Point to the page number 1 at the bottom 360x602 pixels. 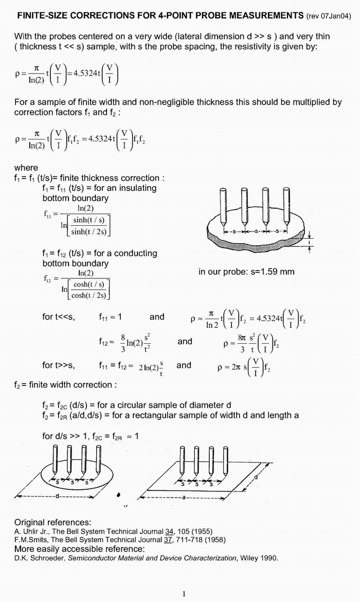(x=184, y=594)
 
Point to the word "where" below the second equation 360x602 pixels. (x=26, y=168)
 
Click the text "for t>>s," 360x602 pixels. (x=59, y=365)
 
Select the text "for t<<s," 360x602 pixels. (x=59, y=317)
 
